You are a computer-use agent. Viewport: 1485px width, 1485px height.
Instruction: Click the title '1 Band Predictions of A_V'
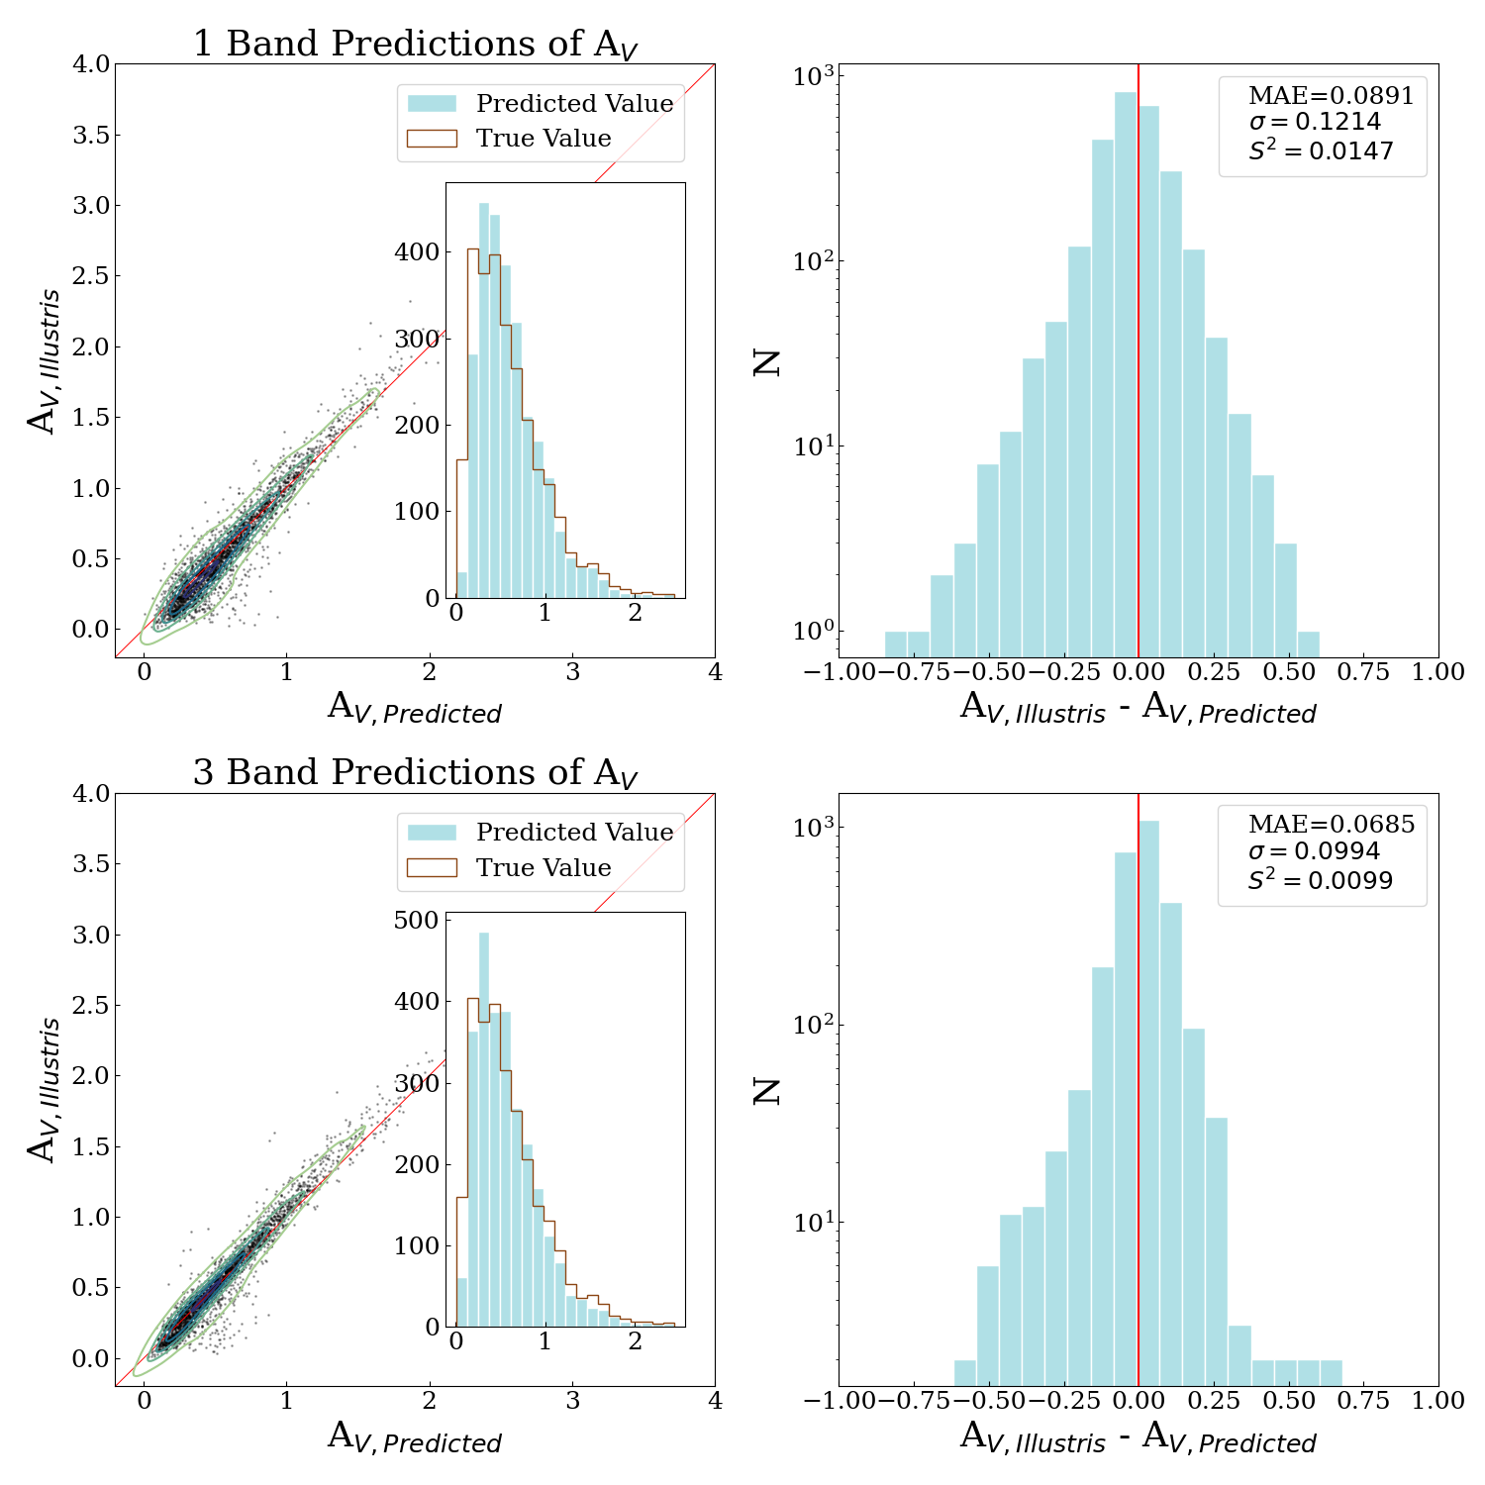point(415,45)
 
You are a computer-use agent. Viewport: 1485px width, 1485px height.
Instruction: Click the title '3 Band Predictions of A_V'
point(415,773)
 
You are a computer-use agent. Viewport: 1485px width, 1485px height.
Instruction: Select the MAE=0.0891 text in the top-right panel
point(1331,96)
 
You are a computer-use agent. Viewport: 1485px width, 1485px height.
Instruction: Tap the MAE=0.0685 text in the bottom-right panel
point(1331,825)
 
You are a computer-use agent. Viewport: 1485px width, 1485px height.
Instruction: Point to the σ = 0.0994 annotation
point(1314,851)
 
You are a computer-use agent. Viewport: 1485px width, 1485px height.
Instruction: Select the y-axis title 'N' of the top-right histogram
point(767,362)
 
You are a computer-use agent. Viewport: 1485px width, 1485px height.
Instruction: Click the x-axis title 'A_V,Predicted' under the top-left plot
point(415,710)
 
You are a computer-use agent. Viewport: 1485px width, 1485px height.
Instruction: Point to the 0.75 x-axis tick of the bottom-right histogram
point(1363,1401)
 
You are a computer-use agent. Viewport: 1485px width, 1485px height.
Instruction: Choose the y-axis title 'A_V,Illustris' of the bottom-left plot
point(45,1089)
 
